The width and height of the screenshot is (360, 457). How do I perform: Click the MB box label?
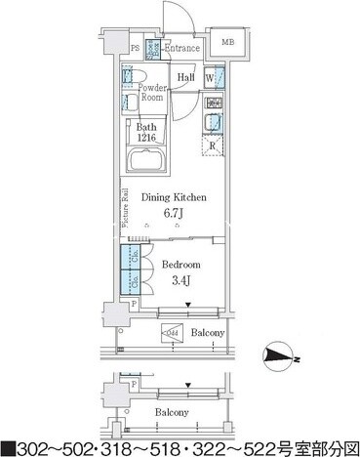point(225,43)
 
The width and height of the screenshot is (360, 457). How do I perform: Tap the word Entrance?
point(181,48)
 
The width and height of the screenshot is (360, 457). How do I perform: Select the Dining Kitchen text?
point(175,197)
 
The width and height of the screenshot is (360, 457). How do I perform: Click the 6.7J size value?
point(175,215)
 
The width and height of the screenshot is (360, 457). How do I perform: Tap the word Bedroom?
point(181,265)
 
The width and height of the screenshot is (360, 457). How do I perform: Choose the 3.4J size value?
point(181,282)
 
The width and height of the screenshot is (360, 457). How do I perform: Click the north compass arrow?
point(280,357)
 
